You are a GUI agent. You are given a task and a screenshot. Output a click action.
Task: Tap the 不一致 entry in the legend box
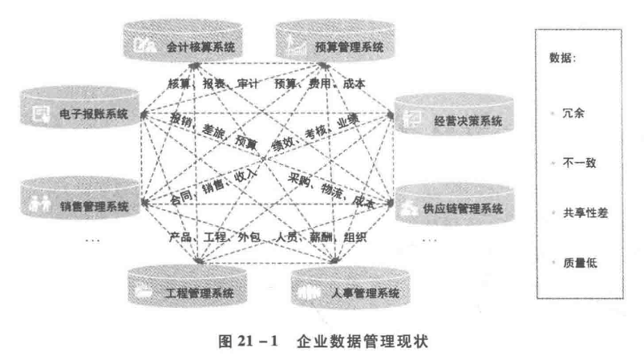point(578,163)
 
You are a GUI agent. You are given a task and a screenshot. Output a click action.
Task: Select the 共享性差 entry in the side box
point(583,212)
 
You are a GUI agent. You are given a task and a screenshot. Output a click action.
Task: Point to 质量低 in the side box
point(578,262)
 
